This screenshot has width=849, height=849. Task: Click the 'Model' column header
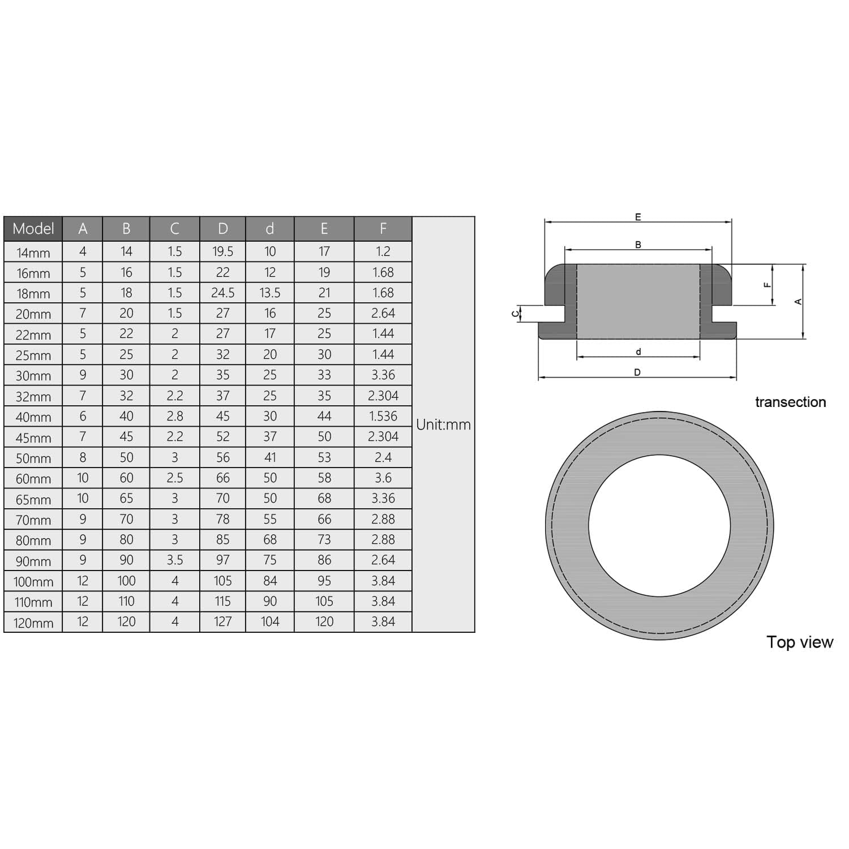coord(33,229)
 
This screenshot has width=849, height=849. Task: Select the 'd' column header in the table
coord(270,229)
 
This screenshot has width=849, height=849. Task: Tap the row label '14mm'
coord(33,252)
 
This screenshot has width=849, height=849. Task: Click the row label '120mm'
coord(33,623)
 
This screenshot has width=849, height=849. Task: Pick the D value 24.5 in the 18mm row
coord(222,293)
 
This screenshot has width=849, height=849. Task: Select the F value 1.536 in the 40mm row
coord(383,416)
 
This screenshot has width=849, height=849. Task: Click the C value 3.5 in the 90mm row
coord(174,560)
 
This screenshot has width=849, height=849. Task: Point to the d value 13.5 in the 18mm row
coord(270,293)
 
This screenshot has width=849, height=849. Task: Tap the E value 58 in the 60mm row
coord(324,478)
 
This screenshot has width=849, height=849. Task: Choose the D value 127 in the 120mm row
coord(222,621)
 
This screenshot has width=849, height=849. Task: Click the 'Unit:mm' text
coord(443,424)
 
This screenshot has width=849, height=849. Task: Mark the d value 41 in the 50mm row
coord(270,457)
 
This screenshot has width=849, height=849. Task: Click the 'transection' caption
coord(790,402)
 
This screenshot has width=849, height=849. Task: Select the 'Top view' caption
coord(799,642)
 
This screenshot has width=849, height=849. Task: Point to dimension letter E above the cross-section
coord(638,217)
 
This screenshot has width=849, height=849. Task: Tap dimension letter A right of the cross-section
coord(798,302)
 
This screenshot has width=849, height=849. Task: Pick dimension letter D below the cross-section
coord(637,372)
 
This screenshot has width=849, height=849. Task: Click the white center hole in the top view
coord(659,525)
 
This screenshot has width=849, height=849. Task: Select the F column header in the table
coord(383,229)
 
